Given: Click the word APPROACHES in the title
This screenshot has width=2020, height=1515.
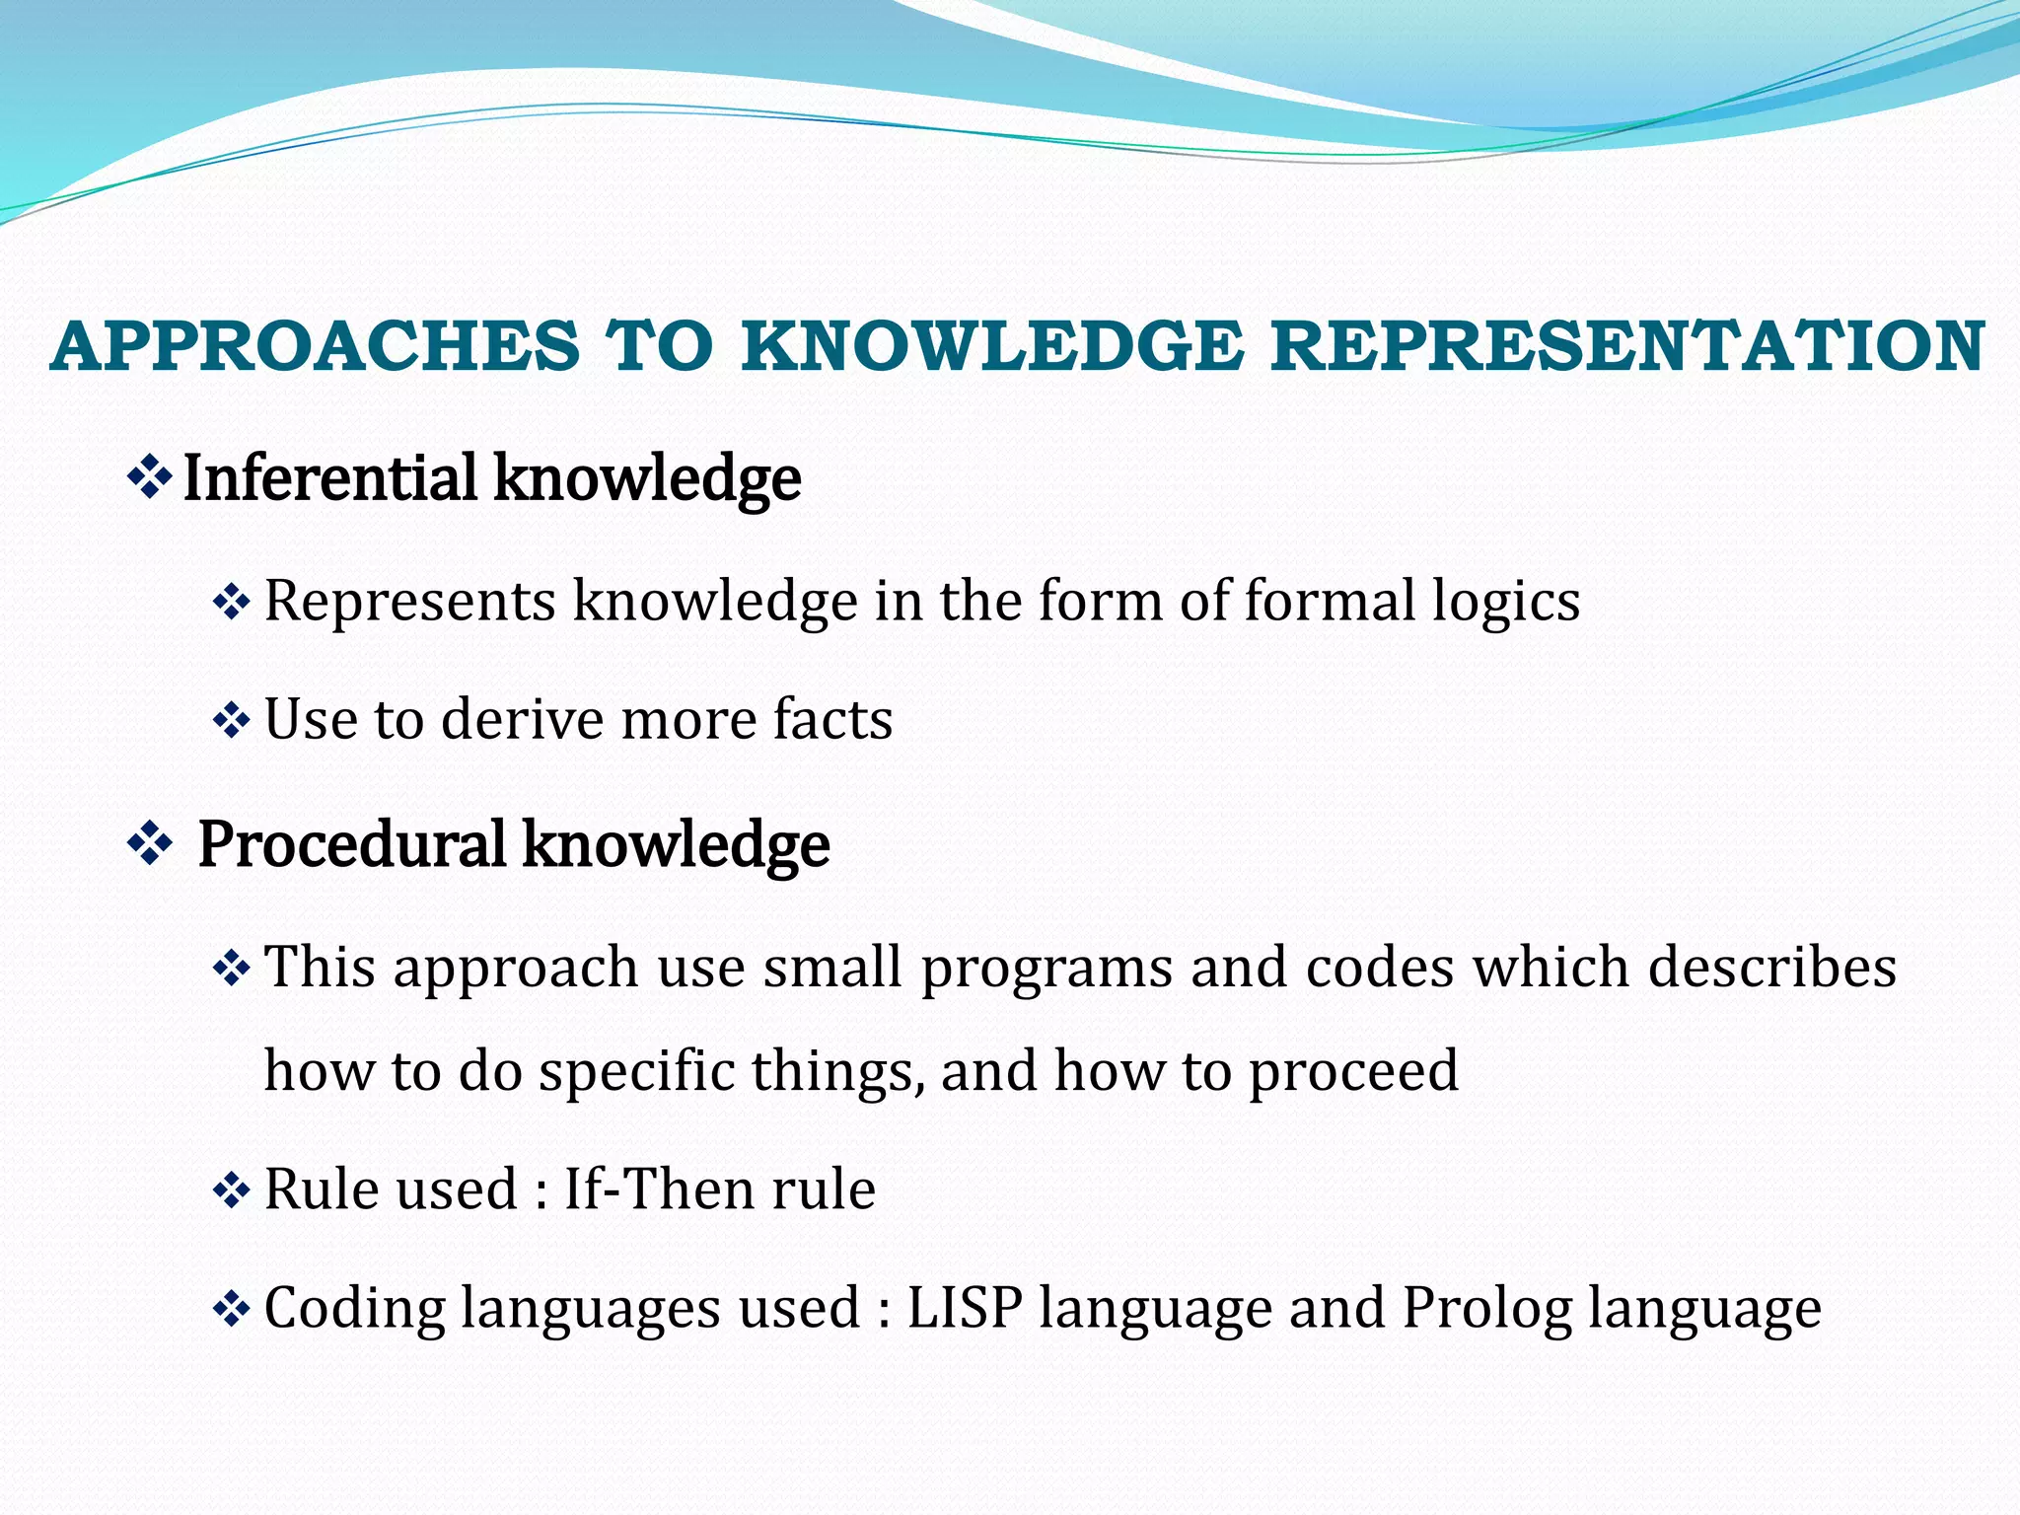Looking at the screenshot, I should click(x=315, y=347).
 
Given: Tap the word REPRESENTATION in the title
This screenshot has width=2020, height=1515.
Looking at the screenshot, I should click(x=1626, y=347).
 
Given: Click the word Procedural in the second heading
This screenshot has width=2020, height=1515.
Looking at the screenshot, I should click(x=351, y=845).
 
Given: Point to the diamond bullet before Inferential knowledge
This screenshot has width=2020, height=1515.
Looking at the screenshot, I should click(x=150, y=478).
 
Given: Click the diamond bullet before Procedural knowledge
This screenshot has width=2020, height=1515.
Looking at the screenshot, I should click(x=150, y=845).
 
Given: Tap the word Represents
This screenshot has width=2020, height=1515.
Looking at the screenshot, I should click(x=409, y=601).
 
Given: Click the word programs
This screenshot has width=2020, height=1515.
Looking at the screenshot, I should click(x=1046, y=969).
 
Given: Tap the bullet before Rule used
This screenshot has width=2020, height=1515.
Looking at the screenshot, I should click(x=232, y=1190).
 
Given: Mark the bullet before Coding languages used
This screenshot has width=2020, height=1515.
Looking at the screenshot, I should click(x=232, y=1310).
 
